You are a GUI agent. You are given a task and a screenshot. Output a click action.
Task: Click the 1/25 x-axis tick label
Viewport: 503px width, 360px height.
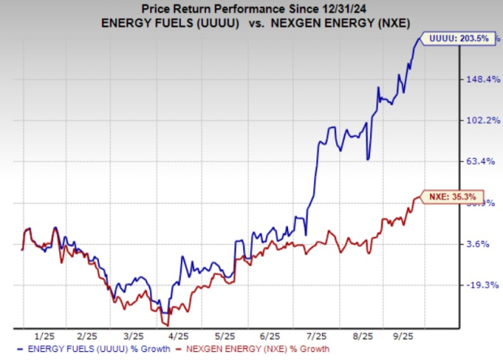(x=45, y=335)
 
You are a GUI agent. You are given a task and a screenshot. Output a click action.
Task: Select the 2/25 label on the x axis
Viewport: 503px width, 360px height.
(x=87, y=335)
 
